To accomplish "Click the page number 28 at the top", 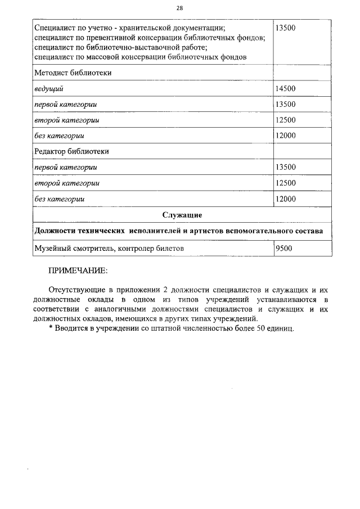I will tap(179, 8).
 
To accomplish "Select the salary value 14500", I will tap(285, 88).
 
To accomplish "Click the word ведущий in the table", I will tap(49, 88).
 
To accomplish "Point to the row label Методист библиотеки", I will tap(73, 73).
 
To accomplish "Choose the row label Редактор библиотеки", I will tap(71, 151).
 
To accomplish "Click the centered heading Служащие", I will tap(182, 215).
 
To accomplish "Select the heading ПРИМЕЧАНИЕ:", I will tap(78, 271).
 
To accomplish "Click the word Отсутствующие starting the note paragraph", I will tap(83, 289).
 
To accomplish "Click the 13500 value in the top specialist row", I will tap(285, 27).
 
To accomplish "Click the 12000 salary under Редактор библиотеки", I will tap(285, 199).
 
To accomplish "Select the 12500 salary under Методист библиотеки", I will tap(285, 120).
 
